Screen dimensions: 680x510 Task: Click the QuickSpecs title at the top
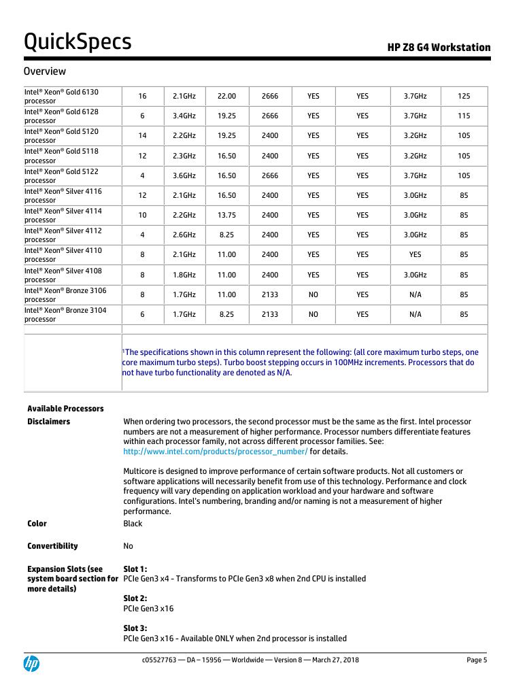click(x=78, y=42)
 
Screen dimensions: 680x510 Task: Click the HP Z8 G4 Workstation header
click(x=439, y=48)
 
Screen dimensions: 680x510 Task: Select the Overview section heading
click(x=45, y=71)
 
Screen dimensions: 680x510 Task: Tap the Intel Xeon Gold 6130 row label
click(x=61, y=96)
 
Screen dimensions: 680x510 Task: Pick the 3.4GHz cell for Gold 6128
click(x=184, y=116)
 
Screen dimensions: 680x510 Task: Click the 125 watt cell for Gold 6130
click(x=464, y=96)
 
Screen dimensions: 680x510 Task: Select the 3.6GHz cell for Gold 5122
click(x=184, y=175)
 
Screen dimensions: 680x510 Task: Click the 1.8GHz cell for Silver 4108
click(x=184, y=275)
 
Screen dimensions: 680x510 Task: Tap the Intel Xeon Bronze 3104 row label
click(x=65, y=314)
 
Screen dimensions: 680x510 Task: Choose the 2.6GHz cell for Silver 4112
click(x=184, y=235)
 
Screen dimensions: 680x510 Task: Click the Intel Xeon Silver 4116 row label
click(x=63, y=195)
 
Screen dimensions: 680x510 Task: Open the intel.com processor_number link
click(x=215, y=452)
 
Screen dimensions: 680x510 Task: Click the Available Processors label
click(x=65, y=409)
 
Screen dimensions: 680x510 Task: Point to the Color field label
click(x=37, y=524)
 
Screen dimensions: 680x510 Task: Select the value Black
click(x=133, y=524)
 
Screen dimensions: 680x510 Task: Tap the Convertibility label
click(x=52, y=546)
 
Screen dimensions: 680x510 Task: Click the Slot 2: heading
click(x=135, y=598)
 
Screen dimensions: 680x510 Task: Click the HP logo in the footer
click(x=31, y=664)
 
